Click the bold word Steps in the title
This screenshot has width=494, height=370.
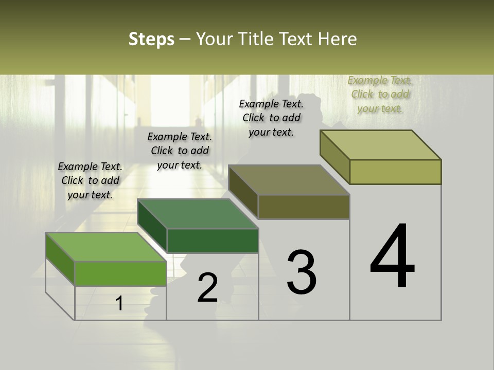click(x=151, y=39)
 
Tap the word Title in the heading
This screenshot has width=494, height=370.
click(x=255, y=39)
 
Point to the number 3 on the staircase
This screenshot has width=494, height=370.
click(x=302, y=272)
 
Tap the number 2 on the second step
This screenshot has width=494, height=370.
click(x=208, y=288)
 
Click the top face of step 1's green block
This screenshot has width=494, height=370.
click(x=105, y=247)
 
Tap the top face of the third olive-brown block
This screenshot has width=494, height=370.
click(x=289, y=180)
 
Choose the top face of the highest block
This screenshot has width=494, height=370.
click(x=380, y=144)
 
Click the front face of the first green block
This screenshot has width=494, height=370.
click(x=120, y=273)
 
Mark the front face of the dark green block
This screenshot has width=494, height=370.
click(x=213, y=240)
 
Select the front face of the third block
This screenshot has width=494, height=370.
click(x=304, y=207)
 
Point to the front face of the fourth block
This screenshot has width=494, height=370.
click(x=395, y=172)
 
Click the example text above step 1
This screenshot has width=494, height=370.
click(x=90, y=180)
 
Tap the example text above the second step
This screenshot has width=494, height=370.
click(x=180, y=151)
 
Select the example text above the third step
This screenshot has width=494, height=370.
click(x=271, y=118)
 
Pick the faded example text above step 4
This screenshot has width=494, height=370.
click(x=380, y=94)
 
